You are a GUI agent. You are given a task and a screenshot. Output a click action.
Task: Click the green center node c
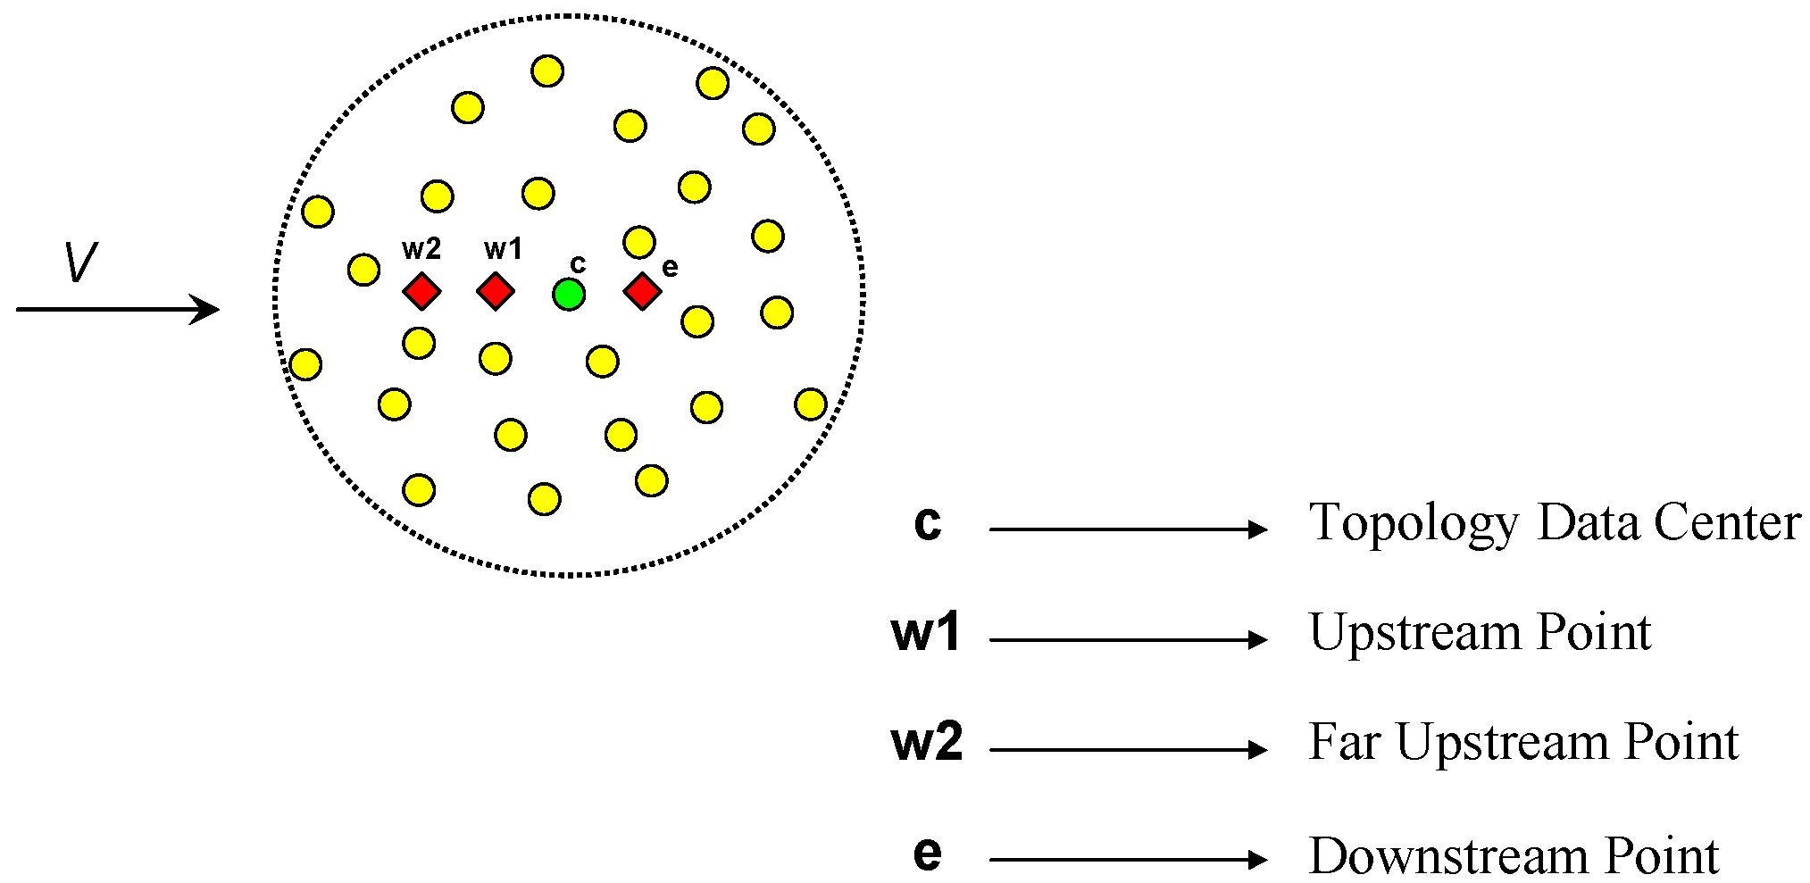click(x=569, y=294)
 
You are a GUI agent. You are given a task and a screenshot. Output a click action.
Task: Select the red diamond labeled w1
click(x=496, y=291)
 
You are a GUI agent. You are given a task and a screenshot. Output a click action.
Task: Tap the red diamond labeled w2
click(x=421, y=291)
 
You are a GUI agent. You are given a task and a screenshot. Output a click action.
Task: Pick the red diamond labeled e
click(x=642, y=291)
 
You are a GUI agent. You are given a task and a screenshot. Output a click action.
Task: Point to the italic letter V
click(x=80, y=263)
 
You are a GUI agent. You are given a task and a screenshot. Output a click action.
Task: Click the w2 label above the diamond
click(x=421, y=249)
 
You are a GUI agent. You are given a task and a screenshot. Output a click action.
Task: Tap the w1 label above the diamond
click(x=503, y=249)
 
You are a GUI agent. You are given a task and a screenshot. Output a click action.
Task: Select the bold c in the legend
click(x=928, y=523)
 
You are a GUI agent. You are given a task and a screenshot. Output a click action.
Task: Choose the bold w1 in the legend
click(x=926, y=633)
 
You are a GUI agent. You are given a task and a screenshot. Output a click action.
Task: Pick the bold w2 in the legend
click(x=927, y=743)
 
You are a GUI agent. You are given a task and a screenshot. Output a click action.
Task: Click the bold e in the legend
click(x=928, y=854)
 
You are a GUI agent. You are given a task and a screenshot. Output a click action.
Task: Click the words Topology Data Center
click(x=1554, y=523)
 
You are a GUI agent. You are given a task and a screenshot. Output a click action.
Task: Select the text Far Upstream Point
click(x=1523, y=743)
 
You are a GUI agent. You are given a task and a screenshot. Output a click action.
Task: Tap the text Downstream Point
click(x=1514, y=856)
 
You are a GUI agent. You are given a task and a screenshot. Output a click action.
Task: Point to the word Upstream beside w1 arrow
click(x=1416, y=634)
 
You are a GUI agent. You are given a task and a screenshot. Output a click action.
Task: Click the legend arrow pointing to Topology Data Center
click(x=1128, y=530)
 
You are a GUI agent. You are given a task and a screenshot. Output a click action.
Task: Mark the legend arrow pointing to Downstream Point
click(x=1128, y=861)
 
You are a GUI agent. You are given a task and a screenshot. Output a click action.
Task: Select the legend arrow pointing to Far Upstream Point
click(x=1128, y=751)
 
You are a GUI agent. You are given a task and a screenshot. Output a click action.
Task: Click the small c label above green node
click(x=578, y=264)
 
